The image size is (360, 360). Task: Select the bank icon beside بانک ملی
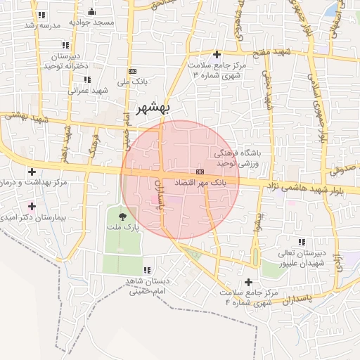(132, 71)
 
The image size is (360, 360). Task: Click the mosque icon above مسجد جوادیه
(92, 11)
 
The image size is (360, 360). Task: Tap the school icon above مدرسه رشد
(42, 14)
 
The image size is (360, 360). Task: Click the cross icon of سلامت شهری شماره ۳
(217, 54)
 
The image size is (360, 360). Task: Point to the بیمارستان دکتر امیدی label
(32, 219)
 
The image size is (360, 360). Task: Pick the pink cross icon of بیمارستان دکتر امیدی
(31, 206)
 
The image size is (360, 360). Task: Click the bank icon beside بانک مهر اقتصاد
(200, 172)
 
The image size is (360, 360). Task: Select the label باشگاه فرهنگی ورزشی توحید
(237, 157)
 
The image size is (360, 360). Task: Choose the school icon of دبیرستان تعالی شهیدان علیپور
(302, 242)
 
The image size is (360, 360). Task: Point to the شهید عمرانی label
(87, 90)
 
